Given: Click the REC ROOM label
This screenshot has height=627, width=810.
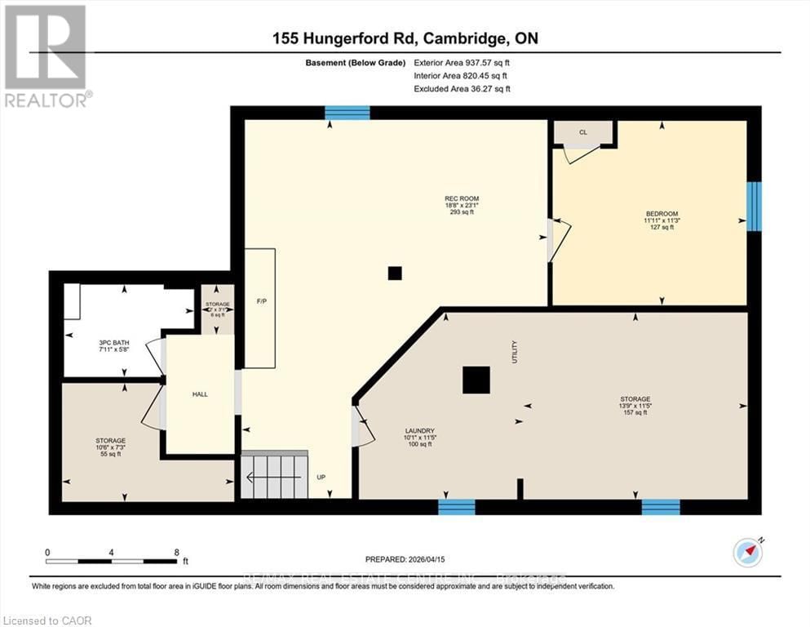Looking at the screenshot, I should (462, 198).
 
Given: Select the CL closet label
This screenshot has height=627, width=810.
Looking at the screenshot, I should (582, 131).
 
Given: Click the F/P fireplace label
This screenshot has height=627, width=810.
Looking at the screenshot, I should (261, 301).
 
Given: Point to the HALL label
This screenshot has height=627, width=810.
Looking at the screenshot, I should (200, 394).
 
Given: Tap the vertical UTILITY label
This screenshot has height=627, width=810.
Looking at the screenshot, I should (515, 353).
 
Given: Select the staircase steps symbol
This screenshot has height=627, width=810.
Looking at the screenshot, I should (273, 475).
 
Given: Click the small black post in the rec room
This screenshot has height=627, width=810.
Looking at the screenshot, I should (395, 274).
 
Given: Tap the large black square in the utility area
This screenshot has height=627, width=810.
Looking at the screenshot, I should (476, 380).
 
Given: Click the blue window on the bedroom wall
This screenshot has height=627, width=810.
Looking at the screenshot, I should (755, 206).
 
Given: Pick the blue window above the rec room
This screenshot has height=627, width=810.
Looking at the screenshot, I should (347, 113).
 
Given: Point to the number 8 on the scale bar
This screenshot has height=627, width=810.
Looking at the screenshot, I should (176, 552).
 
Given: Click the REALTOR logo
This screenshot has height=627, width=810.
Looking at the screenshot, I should (46, 56).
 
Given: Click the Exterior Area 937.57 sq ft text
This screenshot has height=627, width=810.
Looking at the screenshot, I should (465, 62).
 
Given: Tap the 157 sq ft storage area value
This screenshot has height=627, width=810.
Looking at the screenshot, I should (634, 412).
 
